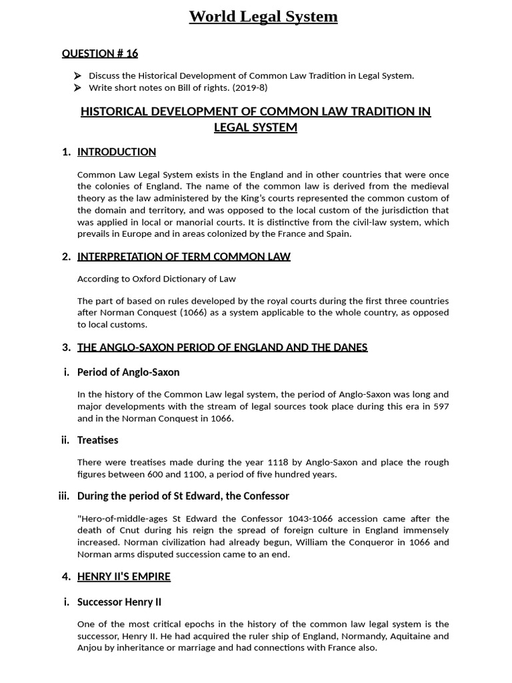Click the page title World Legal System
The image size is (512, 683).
pos(263,17)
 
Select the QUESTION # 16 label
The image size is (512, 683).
pos(100,53)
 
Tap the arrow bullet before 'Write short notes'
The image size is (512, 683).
pos(78,88)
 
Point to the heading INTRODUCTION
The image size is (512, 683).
pos(117,152)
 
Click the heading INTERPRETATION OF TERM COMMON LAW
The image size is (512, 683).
pos(184,257)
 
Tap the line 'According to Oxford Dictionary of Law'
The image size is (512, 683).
pos(157,279)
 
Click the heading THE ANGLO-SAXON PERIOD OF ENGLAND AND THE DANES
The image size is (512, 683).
pos(222,348)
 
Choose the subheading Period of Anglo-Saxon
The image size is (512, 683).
pos(128,372)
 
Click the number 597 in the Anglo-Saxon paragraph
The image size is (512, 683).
pos(441,406)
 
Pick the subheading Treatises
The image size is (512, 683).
pos(97,440)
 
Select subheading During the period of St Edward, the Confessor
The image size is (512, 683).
pos(183,496)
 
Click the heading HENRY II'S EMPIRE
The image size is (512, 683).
pos(124,577)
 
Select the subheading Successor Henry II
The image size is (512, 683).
pos(119,602)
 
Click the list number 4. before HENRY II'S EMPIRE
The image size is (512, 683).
pos(66,577)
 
